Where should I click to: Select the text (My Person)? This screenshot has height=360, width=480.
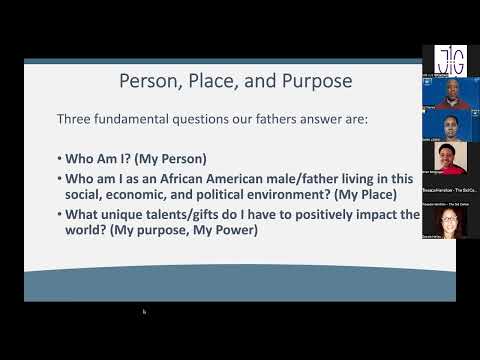tap(164, 159)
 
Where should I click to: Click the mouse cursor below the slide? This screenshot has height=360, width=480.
tap(144, 311)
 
